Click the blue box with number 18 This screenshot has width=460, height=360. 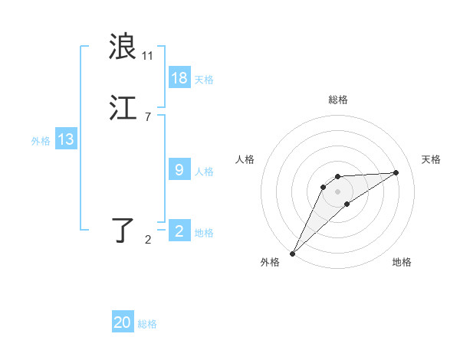point(179,78)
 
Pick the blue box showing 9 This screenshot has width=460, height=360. point(179,170)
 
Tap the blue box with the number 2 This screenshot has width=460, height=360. point(179,231)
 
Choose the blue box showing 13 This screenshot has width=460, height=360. point(66,139)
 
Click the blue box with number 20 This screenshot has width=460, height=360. point(123,322)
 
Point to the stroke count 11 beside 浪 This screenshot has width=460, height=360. point(148,56)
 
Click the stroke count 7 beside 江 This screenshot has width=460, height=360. point(147,117)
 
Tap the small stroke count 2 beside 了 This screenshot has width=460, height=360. point(148,240)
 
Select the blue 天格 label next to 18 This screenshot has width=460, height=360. point(204,79)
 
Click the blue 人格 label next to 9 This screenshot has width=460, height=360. point(204,171)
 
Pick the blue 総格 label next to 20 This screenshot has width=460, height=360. point(147,324)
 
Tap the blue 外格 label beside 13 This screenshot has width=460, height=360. point(41,140)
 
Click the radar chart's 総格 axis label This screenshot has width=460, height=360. point(338,100)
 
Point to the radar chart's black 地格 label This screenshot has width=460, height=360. point(402,262)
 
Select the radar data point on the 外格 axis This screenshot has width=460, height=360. point(292,253)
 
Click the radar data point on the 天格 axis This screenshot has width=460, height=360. point(396,172)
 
